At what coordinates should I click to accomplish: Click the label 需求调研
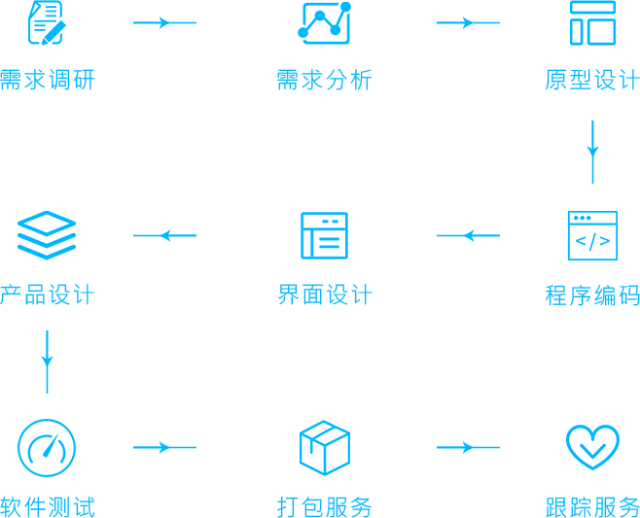coord(48,80)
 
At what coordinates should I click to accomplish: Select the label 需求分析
coord(324,80)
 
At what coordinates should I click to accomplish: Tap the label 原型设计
coord(592,80)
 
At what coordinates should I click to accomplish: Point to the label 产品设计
coord(48,294)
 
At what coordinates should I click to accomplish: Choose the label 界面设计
coord(324,294)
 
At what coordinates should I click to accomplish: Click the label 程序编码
coord(592,294)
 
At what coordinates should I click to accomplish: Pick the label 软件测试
coord(48,506)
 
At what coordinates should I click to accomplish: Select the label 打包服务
coord(324,506)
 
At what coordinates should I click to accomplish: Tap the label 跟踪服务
coord(592,506)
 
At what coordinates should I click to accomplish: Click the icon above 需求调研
coord(47,22)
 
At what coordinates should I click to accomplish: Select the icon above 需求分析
coord(325,22)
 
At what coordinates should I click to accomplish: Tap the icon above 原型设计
coord(592,22)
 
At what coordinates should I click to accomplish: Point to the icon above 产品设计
coord(47,235)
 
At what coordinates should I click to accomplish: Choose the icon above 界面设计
coord(325,235)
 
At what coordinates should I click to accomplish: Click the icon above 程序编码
coord(592,235)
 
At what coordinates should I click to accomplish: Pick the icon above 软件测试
coord(47,447)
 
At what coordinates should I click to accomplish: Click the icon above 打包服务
coord(325,447)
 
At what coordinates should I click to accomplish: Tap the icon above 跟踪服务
coord(592,444)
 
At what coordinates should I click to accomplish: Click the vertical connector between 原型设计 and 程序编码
coord(592,152)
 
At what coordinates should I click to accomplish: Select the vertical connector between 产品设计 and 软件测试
coord(47,362)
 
